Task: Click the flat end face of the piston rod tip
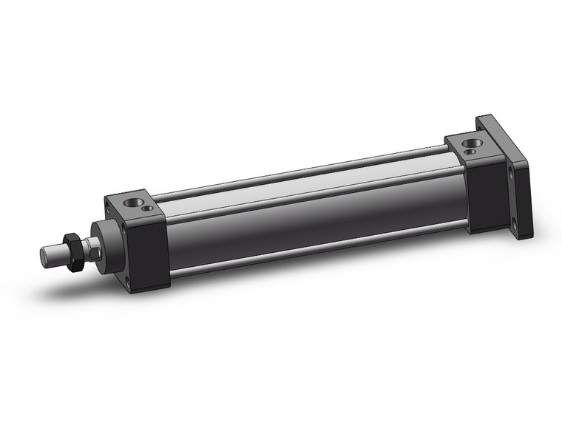click(45, 256)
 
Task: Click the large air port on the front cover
click(135, 201)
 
